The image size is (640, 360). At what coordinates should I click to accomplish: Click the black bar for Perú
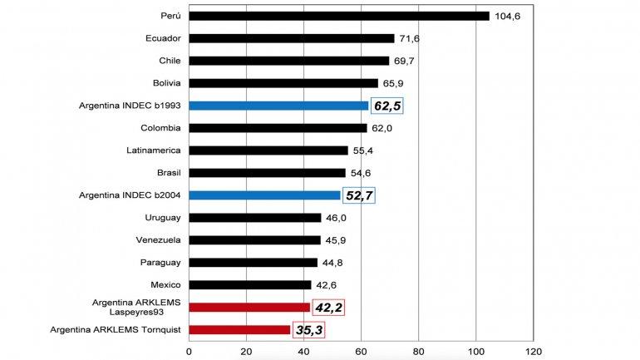coord(339,16)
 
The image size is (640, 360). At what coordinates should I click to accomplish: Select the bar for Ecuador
coord(292,38)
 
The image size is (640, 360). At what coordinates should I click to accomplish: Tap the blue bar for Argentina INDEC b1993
coord(278,106)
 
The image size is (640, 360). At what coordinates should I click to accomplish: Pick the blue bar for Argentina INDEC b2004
coord(264,195)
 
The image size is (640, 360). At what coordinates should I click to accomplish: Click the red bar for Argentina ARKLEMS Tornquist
coord(239,330)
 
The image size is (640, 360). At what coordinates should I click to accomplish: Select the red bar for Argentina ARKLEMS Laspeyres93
coord(249,308)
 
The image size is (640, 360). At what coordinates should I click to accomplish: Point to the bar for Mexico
coord(250,285)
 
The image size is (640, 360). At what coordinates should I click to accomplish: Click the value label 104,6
coord(507,16)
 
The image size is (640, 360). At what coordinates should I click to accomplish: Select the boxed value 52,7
coord(360,196)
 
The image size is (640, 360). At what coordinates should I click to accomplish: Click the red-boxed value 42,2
coord(327,308)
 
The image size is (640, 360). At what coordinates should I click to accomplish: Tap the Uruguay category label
coord(163,218)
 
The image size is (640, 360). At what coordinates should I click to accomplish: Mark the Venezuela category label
coord(159,240)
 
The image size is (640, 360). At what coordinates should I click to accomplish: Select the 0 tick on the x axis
coord(190,351)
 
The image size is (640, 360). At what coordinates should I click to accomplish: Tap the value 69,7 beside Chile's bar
coord(407,61)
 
